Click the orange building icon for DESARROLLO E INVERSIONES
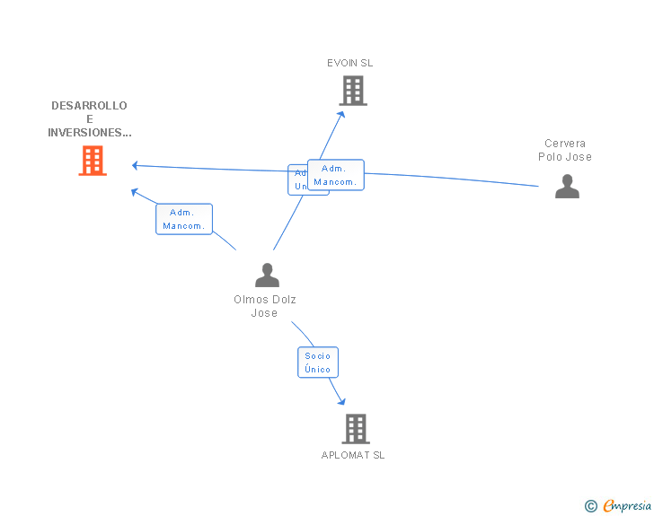93,161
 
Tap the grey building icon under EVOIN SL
353,90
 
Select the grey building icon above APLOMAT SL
356,429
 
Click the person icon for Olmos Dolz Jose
267,275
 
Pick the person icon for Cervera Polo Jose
567,186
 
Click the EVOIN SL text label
349,63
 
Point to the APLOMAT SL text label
353,455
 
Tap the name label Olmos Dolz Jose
265,306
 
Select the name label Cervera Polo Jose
565,150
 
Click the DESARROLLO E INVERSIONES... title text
89,119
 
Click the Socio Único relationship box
318,363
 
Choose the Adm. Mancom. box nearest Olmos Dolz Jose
184,219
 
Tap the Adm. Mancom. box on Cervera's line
335,175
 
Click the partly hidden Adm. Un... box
296,179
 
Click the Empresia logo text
627,505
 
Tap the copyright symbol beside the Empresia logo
590,506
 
